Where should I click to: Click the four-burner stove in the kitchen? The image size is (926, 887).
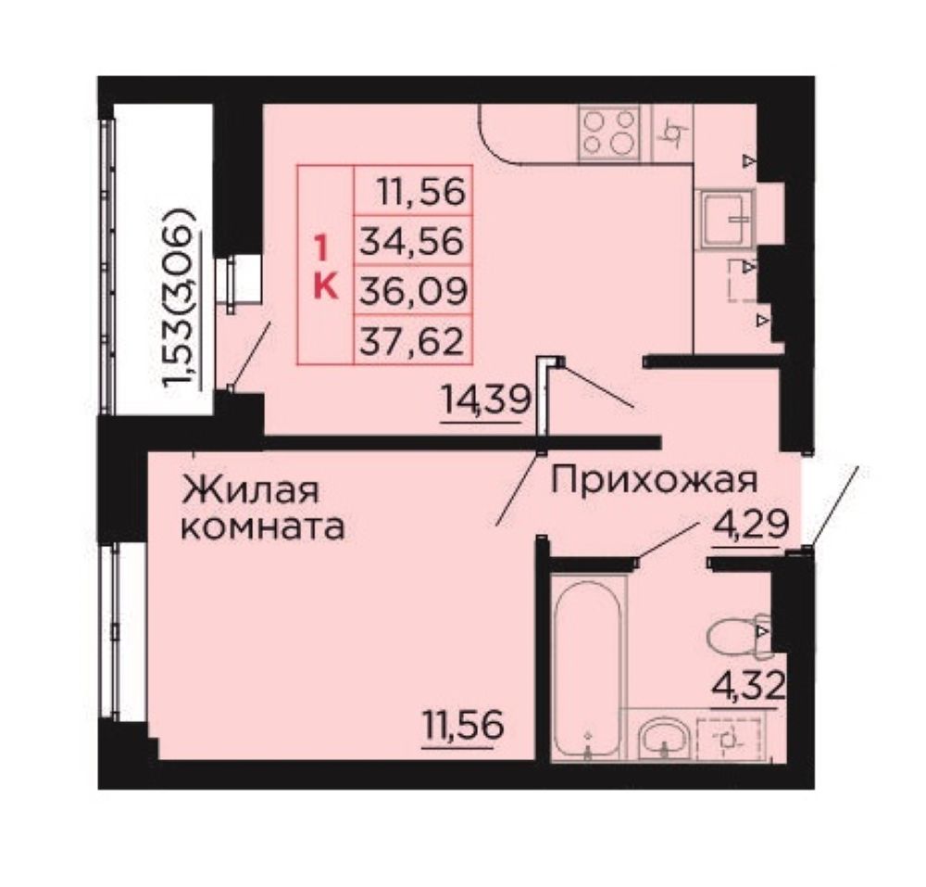pyautogui.click(x=610, y=133)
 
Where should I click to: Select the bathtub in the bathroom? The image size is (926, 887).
pyautogui.click(x=588, y=666)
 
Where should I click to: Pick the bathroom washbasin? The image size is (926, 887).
pyautogui.click(x=663, y=739)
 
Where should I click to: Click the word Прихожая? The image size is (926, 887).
pyautogui.click(x=654, y=480)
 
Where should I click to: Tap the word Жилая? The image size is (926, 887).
pyautogui.click(x=251, y=491)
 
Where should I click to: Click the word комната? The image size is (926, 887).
pyautogui.click(x=263, y=527)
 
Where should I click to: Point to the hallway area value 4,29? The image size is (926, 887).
pyautogui.click(x=751, y=523)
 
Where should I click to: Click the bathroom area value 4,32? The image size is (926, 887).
pyautogui.click(x=749, y=686)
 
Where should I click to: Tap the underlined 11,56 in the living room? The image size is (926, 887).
pyautogui.click(x=463, y=726)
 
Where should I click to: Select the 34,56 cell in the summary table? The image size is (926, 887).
pyautogui.click(x=413, y=240)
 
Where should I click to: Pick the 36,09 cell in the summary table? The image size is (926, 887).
pyautogui.click(x=413, y=290)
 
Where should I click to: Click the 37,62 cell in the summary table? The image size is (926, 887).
pyautogui.click(x=413, y=340)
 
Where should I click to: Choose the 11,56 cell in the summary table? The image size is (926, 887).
pyautogui.click(x=413, y=190)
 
